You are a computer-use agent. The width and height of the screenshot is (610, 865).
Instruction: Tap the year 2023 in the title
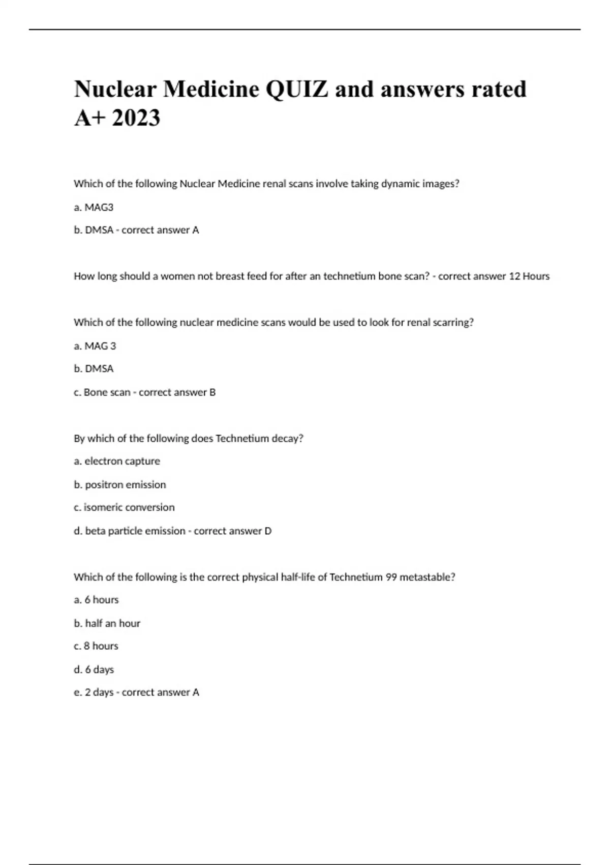tap(136, 118)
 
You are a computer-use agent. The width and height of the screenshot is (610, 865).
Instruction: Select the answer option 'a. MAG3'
tap(94, 207)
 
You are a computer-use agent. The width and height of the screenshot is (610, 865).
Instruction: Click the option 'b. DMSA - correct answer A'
tap(136, 230)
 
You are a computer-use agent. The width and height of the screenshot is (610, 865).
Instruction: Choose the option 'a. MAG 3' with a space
tap(95, 346)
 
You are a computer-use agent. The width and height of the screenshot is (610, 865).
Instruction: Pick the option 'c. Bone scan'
tap(102, 392)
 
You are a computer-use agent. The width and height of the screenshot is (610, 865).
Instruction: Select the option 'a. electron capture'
tap(117, 461)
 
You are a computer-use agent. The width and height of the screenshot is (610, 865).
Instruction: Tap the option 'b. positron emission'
tap(120, 484)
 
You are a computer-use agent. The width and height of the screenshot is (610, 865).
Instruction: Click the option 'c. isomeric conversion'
tap(124, 507)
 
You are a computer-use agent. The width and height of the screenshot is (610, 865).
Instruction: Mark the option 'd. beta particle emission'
tap(130, 531)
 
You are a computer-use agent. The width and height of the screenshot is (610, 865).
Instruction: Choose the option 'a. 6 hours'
tap(96, 600)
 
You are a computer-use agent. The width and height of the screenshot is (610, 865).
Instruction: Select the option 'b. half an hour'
tap(107, 623)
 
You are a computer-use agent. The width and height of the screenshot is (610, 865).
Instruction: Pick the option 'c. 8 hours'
tap(96, 646)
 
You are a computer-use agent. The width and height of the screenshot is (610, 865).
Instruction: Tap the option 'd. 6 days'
tap(94, 670)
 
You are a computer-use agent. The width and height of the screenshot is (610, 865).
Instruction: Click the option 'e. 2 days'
tap(94, 693)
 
